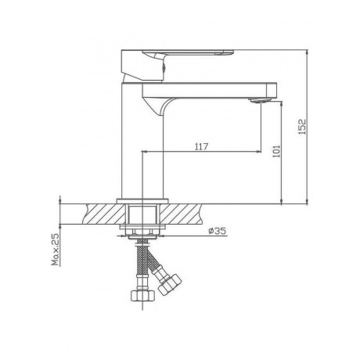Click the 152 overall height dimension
tap(302, 127)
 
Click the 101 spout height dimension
tap(276, 151)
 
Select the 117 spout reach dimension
tap(202, 147)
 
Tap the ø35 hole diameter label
tap(218, 231)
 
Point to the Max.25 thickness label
tap(56, 250)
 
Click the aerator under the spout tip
tap(257, 100)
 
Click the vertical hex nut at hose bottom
tap(142, 295)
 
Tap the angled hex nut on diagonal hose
tap(170, 285)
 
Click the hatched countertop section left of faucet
tap(104, 214)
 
